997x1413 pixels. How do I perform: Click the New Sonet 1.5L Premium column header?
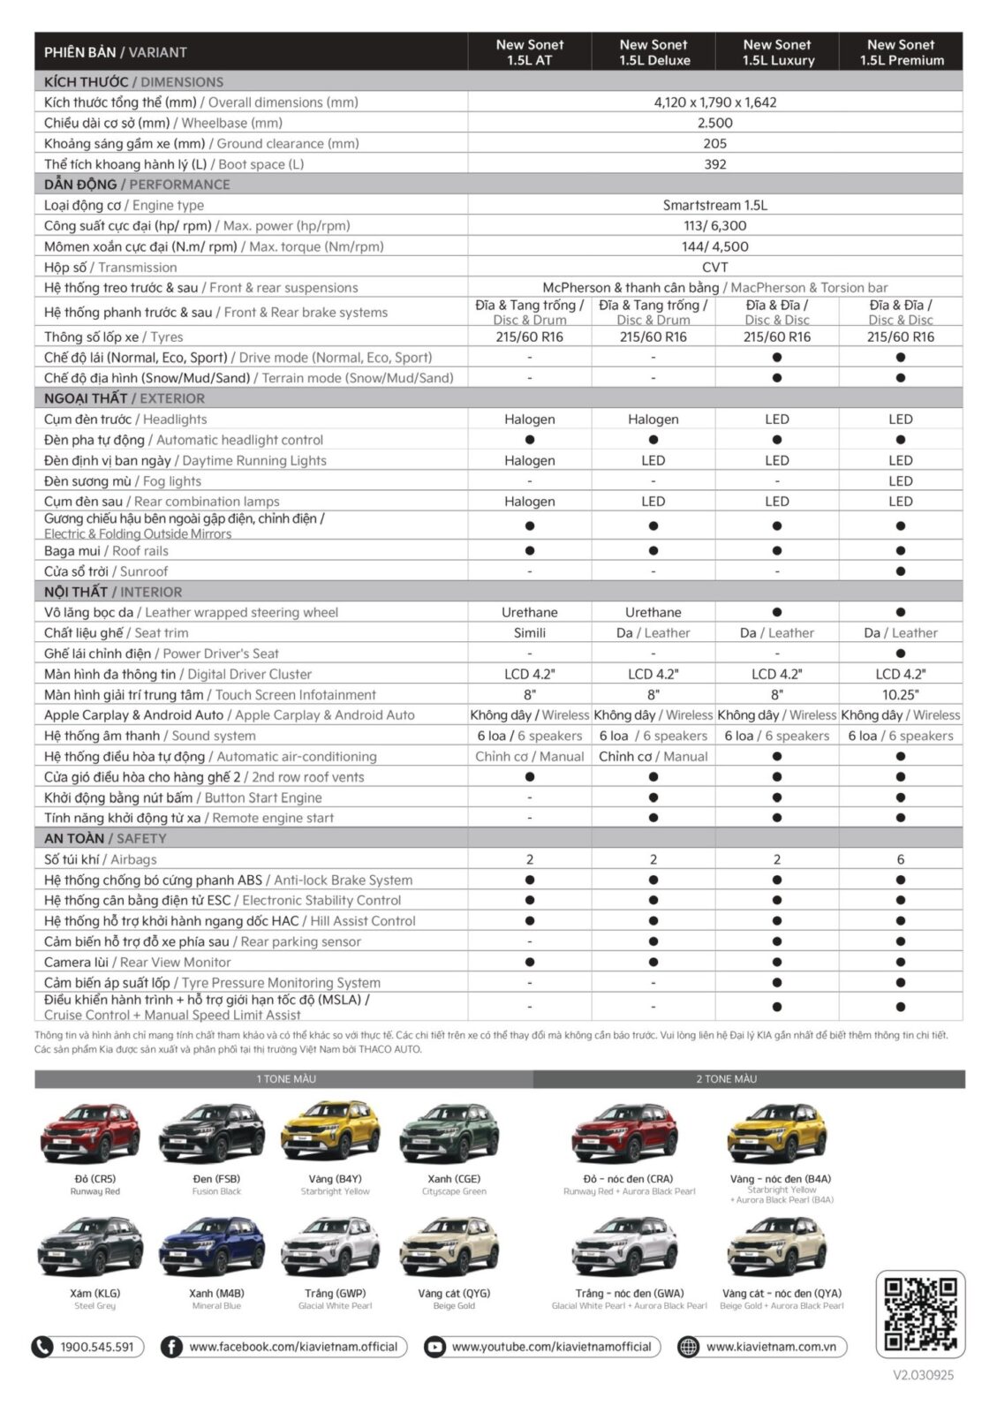point(901,52)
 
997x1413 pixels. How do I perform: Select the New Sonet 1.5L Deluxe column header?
point(653,52)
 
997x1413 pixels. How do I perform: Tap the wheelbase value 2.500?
point(714,123)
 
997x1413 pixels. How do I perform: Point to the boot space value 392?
point(714,164)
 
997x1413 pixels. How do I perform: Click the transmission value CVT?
point(714,267)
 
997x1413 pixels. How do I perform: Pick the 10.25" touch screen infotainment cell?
point(900,695)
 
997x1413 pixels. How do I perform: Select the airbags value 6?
point(900,859)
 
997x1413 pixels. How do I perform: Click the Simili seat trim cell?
point(529,633)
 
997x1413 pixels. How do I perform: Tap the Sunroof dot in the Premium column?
point(900,571)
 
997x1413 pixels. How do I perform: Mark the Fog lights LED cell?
point(900,481)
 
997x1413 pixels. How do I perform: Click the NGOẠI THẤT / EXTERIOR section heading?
point(124,398)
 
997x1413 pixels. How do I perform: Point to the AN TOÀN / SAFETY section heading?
point(105,839)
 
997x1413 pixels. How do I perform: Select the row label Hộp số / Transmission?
point(110,267)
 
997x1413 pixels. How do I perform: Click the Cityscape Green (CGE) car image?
point(453,1133)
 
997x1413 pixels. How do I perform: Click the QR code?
point(919,1314)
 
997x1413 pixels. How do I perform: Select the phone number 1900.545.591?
point(96,1347)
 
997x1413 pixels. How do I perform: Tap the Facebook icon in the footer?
point(171,1347)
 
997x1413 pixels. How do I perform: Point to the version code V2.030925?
point(923,1375)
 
